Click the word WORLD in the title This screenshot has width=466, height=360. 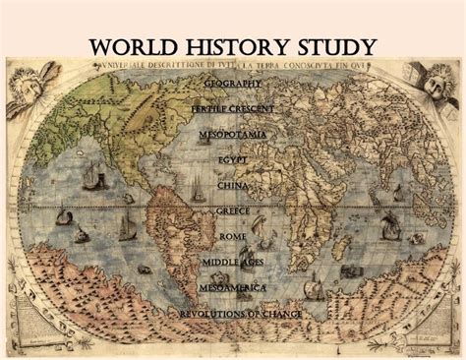point(133,47)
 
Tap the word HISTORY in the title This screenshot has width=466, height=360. point(233,47)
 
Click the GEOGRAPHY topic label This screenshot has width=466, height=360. point(233,83)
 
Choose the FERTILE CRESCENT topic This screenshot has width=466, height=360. point(233,108)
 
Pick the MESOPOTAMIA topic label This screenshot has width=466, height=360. point(233,134)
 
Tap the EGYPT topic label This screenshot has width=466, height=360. point(233,159)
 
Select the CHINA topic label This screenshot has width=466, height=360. point(233,185)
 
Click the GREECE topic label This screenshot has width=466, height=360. point(233,210)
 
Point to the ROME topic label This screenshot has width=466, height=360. point(233,236)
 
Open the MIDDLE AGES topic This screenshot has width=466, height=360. point(233,262)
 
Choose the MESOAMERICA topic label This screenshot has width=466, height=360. point(233,287)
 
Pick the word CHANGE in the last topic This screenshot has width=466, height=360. point(281,314)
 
